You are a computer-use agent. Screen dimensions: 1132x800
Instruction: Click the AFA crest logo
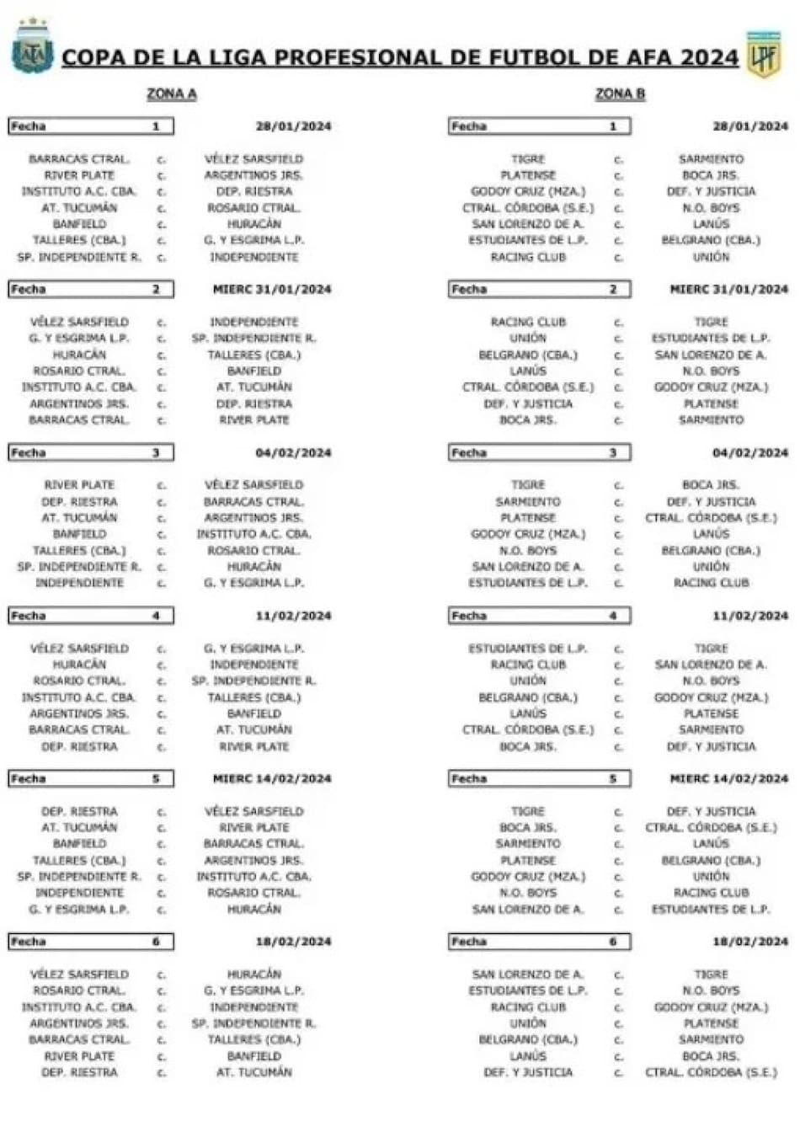[33, 47]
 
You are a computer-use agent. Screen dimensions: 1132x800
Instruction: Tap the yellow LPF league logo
[764, 55]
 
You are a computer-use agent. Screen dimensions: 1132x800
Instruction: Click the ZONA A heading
[172, 94]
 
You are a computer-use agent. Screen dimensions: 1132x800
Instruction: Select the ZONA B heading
[620, 94]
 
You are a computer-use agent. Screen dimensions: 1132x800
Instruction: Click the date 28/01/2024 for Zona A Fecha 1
[293, 126]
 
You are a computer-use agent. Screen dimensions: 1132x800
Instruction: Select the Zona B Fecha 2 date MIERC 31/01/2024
[728, 290]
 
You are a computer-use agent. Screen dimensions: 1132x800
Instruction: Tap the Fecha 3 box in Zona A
[91, 453]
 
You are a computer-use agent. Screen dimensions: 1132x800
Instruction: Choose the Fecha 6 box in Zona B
[539, 942]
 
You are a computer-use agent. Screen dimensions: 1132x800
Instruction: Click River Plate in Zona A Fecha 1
[79, 175]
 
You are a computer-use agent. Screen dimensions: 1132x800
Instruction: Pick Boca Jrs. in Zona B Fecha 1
[711, 175]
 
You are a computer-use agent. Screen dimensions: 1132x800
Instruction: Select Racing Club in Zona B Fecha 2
[528, 322]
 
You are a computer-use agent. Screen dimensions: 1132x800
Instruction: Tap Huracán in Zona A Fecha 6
[254, 974]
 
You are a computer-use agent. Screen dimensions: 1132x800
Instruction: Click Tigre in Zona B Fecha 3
[528, 485]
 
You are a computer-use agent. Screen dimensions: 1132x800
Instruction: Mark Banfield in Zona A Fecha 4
[254, 713]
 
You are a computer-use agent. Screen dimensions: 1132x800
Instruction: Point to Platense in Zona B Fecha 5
[528, 860]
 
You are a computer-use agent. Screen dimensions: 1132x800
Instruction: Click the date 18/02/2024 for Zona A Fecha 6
[293, 942]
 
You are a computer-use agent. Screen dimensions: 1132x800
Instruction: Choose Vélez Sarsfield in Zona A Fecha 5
[254, 811]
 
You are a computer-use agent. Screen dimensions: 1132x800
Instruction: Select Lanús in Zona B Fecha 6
[528, 1056]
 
